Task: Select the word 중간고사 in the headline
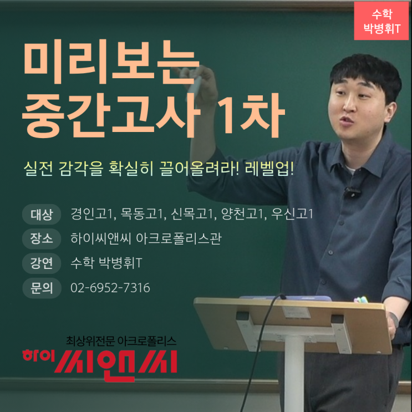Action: coord(111,115)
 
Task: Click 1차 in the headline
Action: coord(251,115)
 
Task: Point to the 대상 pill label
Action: coord(42,215)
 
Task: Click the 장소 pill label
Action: coord(42,239)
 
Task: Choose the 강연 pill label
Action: coord(42,263)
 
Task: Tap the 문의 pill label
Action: coord(42,288)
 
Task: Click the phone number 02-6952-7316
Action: coord(110,288)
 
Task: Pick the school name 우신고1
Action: coord(292,214)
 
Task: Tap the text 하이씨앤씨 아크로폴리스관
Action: coord(146,239)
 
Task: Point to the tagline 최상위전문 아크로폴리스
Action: coord(121,341)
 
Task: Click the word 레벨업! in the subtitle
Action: coord(269,169)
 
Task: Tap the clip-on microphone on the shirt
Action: coord(352,192)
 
